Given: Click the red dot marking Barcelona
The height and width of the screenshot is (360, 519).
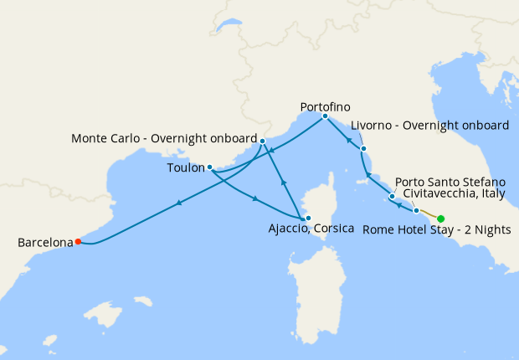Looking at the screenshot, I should coord(78,242).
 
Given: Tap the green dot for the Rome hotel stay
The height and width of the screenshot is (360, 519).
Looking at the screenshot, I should coord(441,219).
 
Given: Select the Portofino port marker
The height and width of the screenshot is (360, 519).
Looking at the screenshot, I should coord(325,116).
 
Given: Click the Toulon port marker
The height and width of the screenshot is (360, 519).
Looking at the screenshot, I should coord(209,167).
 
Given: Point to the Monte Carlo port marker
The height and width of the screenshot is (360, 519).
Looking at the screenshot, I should coord(263,141).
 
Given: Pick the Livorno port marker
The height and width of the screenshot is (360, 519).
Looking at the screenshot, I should coord(363,149).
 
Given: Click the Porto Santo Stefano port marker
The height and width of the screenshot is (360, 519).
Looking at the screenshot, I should coord(392,197).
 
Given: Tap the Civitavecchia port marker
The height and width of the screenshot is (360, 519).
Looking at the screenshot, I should coord(416,211).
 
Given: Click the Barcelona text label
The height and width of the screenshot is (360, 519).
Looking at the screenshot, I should coord(45,244).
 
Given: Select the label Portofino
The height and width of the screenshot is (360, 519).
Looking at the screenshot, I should coord(325,107).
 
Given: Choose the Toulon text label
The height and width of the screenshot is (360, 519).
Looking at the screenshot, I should coord(184,167).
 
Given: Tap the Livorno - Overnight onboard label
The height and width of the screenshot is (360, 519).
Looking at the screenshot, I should coord(429,126).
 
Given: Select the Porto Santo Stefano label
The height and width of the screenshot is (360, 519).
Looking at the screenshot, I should coord(450,182).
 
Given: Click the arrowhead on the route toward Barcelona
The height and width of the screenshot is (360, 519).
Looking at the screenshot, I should coord(178,203).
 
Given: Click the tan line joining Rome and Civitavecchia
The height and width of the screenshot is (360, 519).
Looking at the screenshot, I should coord(429,215).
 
